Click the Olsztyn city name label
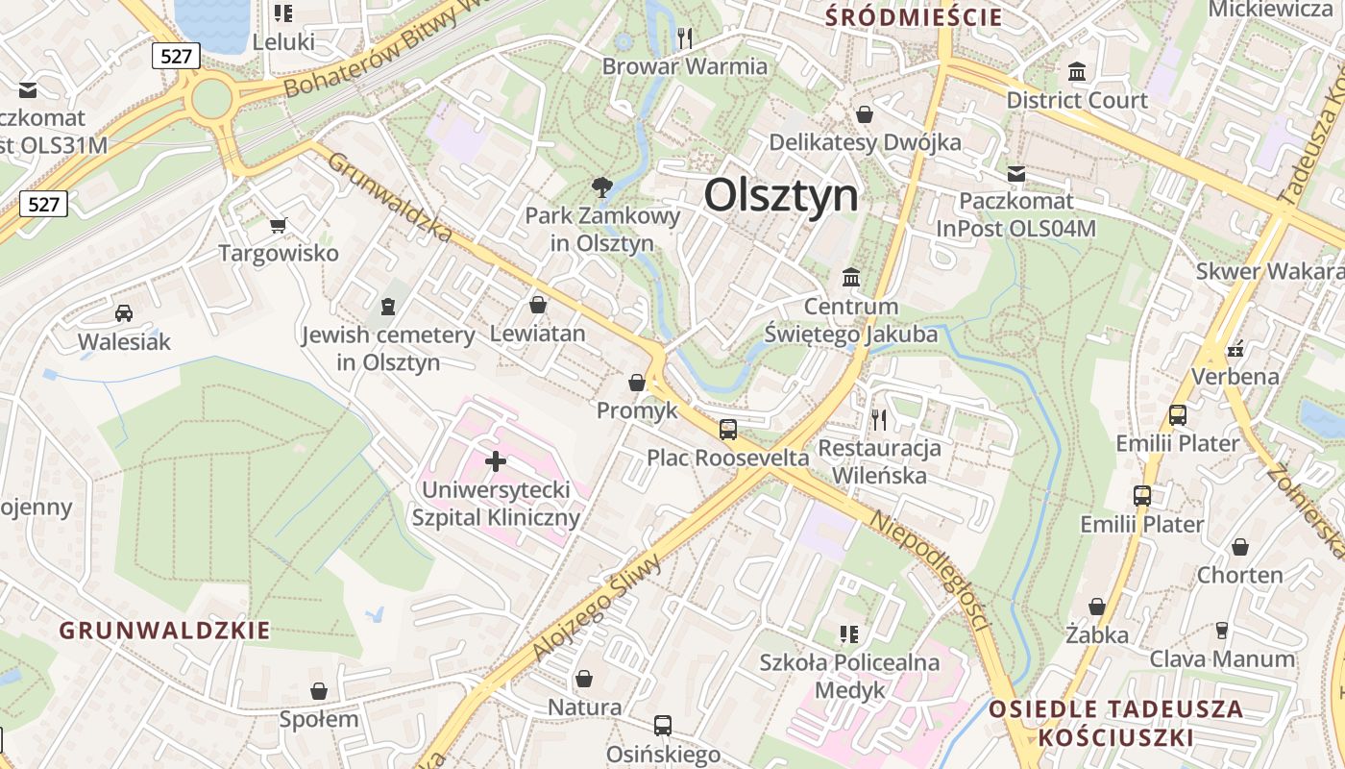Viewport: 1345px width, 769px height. click(x=780, y=195)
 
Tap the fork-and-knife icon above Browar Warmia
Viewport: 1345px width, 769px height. click(x=685, y=38)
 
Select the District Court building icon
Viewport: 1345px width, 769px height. click(x=1077, y=72)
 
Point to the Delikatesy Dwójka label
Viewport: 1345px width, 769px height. click(x=865, y=143)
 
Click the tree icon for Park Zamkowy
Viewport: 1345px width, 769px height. click(x=602, y=186)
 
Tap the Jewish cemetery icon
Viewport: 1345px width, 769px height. click(x=388, y=307)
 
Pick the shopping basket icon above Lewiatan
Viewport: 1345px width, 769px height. click(x=538, y=305)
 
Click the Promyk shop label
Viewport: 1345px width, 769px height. click(x=637, y=410)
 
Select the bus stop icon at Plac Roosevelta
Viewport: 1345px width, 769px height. click(x=728, y=429)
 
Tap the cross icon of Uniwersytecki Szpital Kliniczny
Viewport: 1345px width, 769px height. click(x=496, y=462)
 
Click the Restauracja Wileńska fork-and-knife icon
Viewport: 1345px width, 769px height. click(x=878, y=419)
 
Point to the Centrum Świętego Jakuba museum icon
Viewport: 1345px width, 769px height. click(x=851, y=278)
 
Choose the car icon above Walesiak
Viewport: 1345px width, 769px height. click(x=124, y=312)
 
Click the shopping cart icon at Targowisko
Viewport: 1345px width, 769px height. click(x=279, y=226)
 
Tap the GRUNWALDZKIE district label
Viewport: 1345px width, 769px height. click(x=164, y=631)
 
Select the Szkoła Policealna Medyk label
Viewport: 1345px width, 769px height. click(x=849, y=676)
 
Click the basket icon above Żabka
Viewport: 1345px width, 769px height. click(x=1097, y=607)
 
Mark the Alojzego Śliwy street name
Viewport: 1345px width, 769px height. click(x=597, y=608)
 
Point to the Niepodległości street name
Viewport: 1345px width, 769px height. click(x=930, y=570)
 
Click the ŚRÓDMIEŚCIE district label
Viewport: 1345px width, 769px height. click(x=915, y=16)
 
